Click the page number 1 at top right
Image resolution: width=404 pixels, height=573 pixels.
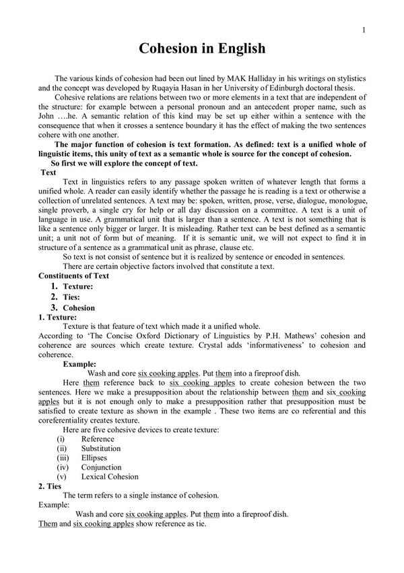pyautogui.click(x=363, y=30)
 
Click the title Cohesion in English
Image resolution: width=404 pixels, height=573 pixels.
pyautogui.click(x=202, y=49)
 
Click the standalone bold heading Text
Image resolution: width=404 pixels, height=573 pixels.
pyautogui.click(x=48, y=173)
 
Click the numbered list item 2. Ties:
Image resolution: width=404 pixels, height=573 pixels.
pyautogui.click(x=66, y=296)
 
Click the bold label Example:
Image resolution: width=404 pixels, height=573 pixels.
pyautogui.click(x=80, y=363)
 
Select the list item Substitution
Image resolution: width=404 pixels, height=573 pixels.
pyautogui.click(x=101, y=448)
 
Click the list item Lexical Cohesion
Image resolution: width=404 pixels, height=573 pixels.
pyautogui.click(x=110, y=477)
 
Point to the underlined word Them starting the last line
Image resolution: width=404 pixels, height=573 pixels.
pyautogui.click(x=48, y=523)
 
